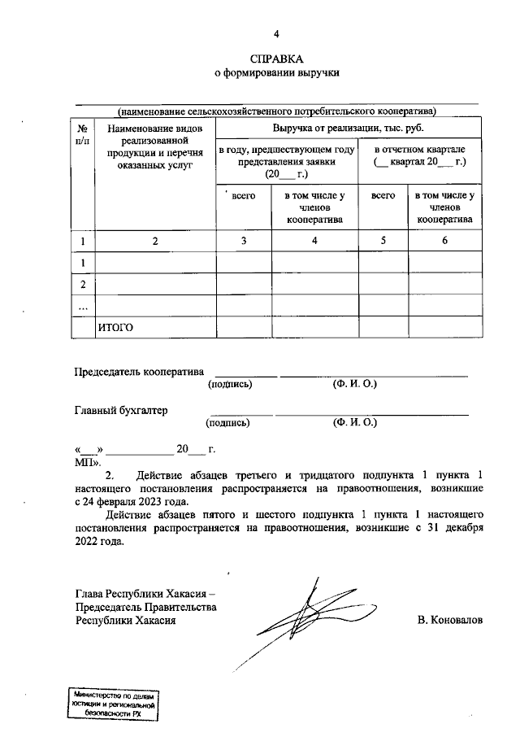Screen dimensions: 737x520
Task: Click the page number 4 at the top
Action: coord(275,34)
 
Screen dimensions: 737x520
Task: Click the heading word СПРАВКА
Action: coord(275,59)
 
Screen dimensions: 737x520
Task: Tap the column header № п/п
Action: coord(83,134)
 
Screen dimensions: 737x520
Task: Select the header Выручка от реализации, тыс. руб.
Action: coord(349,128)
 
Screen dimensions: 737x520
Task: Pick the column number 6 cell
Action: coord(444,241)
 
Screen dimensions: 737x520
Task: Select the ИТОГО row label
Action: coord(115,327)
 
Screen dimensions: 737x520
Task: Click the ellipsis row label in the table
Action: coord(83,306)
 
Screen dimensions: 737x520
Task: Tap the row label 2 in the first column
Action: coord(83,285)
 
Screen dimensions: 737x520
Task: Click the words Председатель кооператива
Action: coord(137,372)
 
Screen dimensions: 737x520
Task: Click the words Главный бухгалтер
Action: coord(121,411)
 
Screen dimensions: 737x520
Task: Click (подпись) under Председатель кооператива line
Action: coord(231,384)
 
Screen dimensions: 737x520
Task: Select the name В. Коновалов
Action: coord(448,620)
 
